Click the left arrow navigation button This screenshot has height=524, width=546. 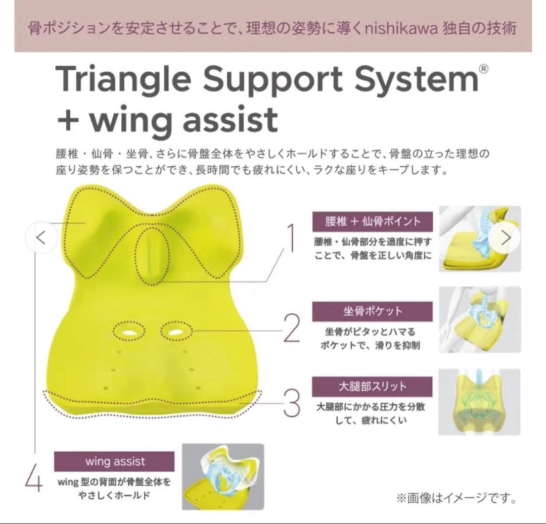(41, 237)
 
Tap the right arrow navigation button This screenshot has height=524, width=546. (505, 237)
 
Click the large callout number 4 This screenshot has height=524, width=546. (33, 479)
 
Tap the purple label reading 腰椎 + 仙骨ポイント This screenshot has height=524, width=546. (373, 221)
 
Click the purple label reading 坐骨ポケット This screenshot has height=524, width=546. (373, 311)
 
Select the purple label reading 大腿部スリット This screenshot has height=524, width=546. (373, 387)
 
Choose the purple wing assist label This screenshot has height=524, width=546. (114, 461)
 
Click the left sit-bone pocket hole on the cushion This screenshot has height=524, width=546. (128, 331)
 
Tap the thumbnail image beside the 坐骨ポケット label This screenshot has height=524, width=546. (479, 319)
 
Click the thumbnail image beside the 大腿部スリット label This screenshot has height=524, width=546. (479, 402)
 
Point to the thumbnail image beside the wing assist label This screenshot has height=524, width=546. (223, 477)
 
